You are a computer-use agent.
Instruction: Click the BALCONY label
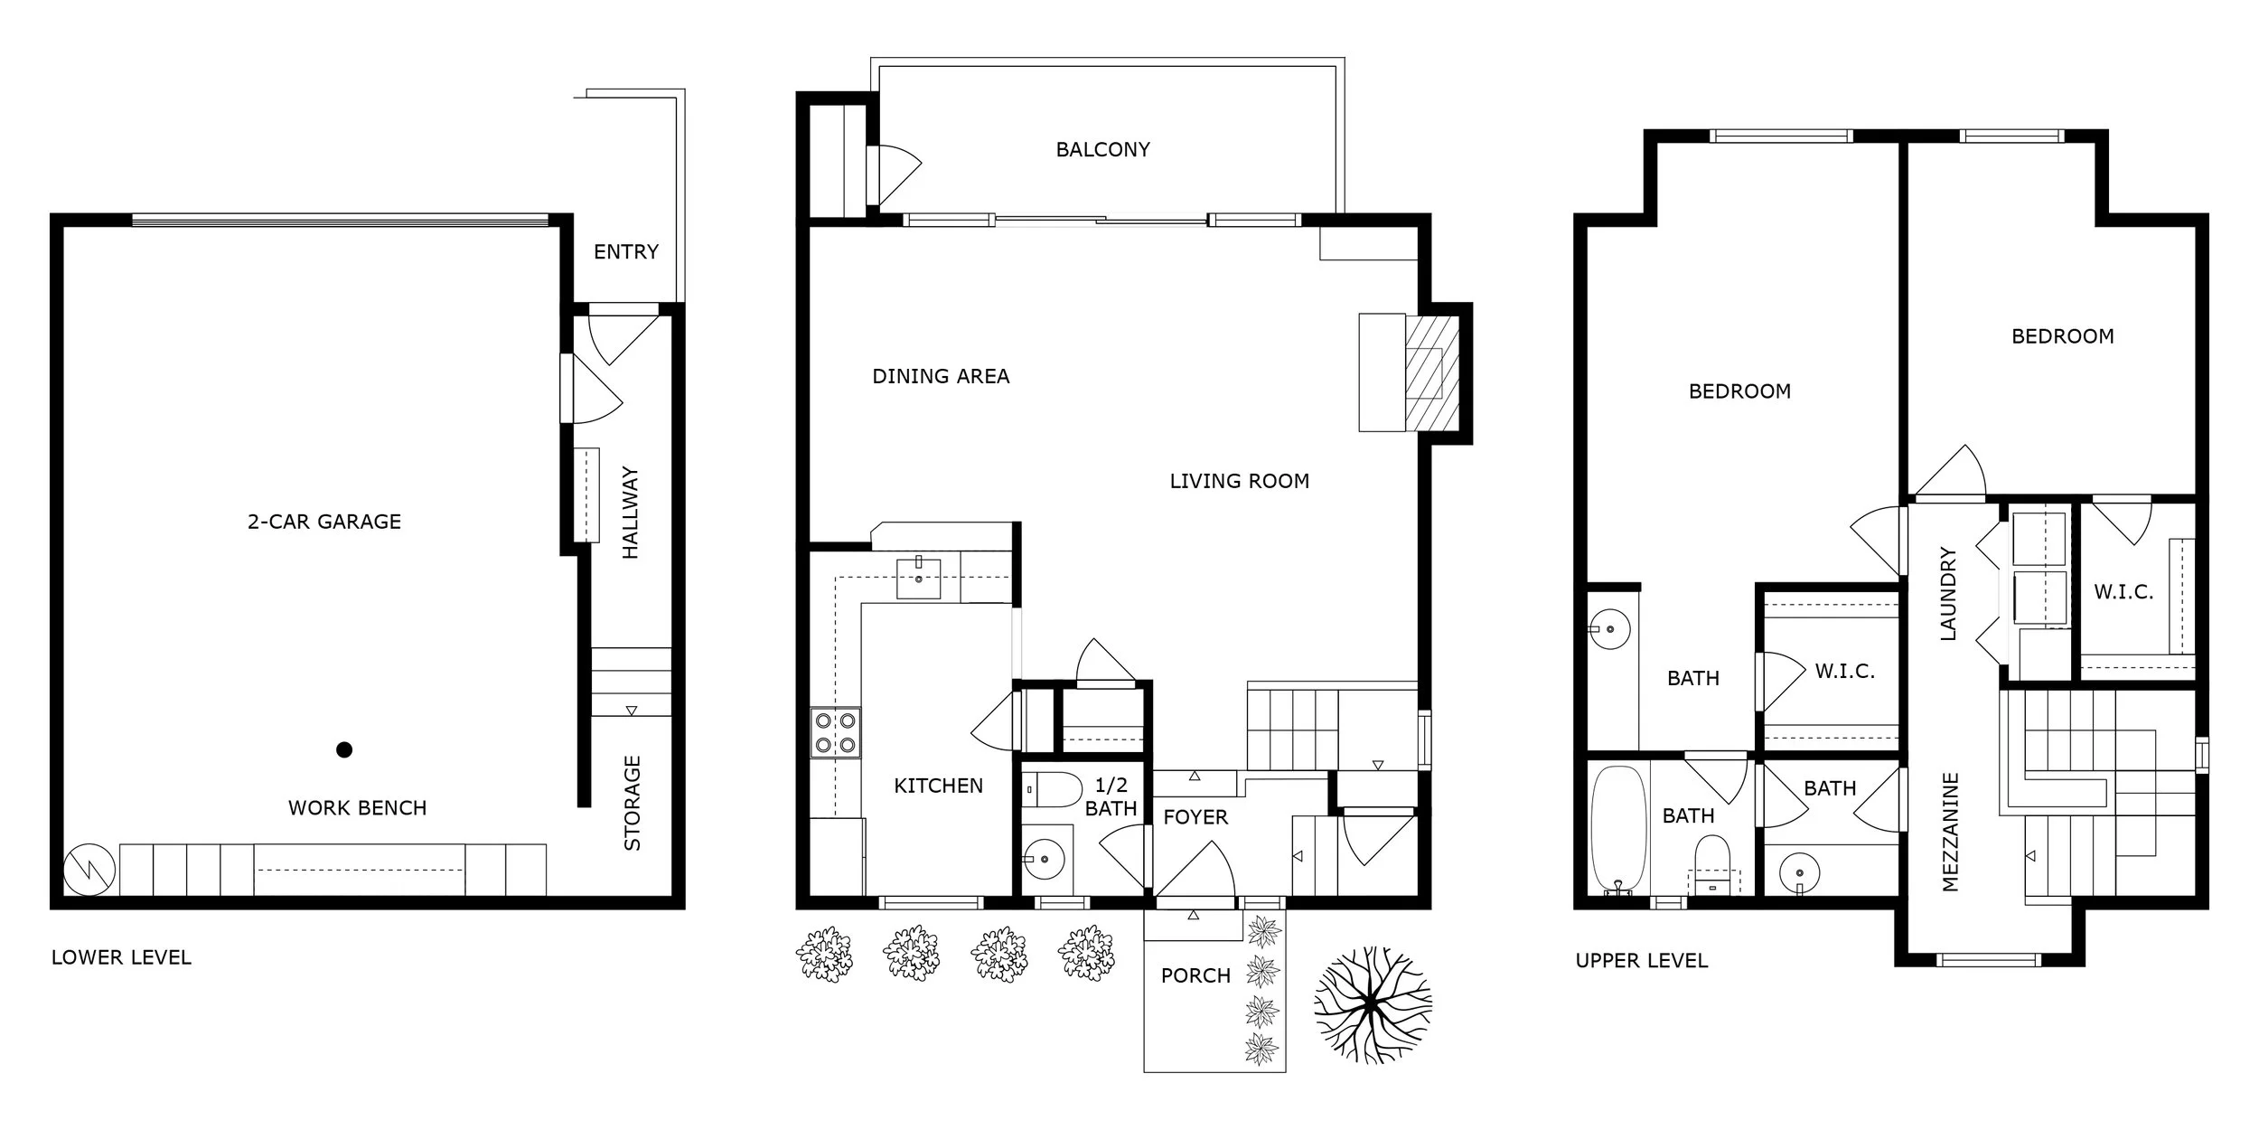1102,149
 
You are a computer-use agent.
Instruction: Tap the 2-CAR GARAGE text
324,522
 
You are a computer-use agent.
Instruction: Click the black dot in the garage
344,749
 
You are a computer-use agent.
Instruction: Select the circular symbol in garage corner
89,870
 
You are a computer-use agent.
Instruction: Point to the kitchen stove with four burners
835,733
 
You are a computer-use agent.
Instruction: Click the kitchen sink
918,579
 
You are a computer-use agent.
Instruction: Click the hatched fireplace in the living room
1431,372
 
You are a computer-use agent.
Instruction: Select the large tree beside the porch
1372,1006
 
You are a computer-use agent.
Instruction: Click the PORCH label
1195,976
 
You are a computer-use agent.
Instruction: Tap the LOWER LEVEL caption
121,958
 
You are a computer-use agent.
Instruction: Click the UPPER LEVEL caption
1641,961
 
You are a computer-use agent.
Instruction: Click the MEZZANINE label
1950,832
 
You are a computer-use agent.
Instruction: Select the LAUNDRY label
1948,594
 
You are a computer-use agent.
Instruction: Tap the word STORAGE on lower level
633,803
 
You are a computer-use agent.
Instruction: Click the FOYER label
1195,817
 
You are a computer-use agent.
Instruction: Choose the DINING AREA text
941,376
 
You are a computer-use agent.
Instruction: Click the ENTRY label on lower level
625,252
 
